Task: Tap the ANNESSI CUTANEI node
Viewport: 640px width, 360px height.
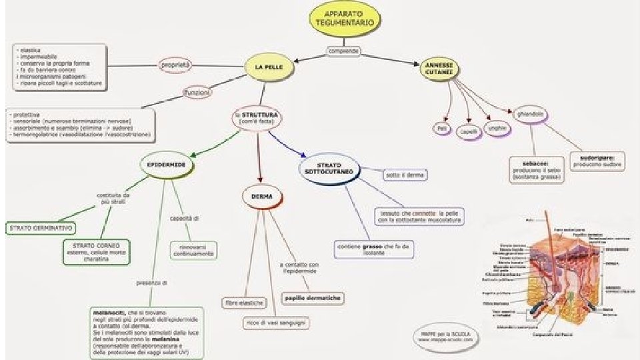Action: pyautogui.click(x=439, y=68)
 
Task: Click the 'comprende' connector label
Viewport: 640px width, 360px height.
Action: pyautogui.click(x=344, y=51)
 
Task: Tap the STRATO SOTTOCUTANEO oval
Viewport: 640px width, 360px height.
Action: pyautogui.click(x=329, y=171)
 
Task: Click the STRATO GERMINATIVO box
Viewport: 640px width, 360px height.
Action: pyautogui.click(x=41, y=228)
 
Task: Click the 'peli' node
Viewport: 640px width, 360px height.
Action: pyautogui.click(x=441, y=127)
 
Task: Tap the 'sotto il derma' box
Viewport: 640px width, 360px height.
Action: pyautogui.click(x=405, y=175)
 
